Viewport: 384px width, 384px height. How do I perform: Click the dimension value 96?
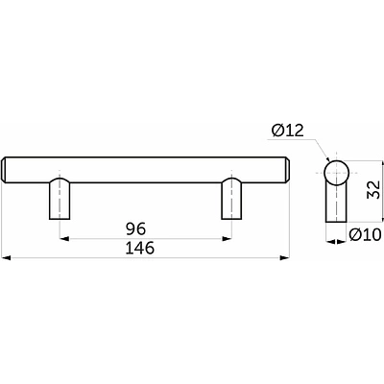(x=135, y=228)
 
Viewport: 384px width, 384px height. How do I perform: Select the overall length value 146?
(x=140, y=248)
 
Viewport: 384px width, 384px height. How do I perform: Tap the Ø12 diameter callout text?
(x=287, y=131)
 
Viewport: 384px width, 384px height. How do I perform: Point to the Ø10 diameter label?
(x=365, y=235)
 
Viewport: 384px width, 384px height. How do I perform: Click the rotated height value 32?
(x=373, y=189)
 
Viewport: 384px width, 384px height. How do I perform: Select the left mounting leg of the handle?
(x=60, y=199)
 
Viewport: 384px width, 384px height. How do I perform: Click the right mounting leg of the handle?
(x=231, y=199)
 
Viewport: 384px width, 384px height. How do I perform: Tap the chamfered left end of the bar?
(x=4, y=170)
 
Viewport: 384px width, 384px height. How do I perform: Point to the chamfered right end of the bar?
(x=287, y=170)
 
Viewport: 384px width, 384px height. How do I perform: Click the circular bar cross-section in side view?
(x=336, y=173)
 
